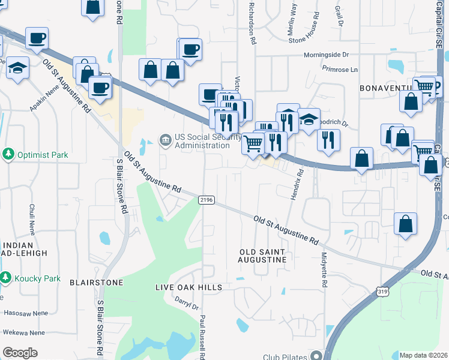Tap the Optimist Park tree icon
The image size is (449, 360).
tap(8, 155)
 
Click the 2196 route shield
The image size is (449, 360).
tap(206, 200)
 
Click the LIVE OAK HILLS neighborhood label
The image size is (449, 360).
tap(188, 287)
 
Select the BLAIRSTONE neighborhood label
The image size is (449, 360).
tap(96, 282)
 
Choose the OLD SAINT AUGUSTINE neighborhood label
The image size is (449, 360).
tap(263, 256)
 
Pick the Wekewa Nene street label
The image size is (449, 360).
tap(25, 332)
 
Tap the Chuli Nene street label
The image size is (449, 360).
tap(32, 218)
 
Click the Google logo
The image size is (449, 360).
tap(20, 353)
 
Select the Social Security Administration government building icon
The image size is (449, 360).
tap(164, 140)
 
